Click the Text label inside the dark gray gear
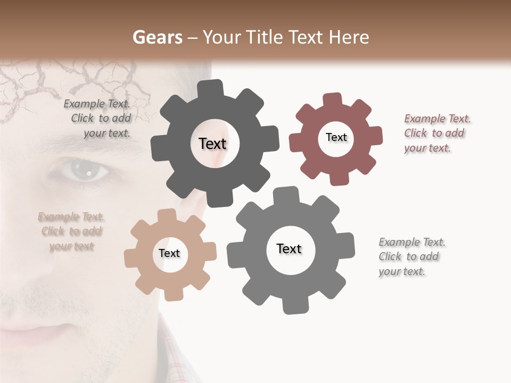(212, 144)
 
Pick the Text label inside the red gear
(336, 137)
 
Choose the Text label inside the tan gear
(169, 254)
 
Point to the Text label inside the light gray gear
(289, 249)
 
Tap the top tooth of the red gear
(332, 100)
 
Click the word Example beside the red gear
(424, 119)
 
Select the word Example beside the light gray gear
(399, 243)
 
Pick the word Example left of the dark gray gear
(84, 104)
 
